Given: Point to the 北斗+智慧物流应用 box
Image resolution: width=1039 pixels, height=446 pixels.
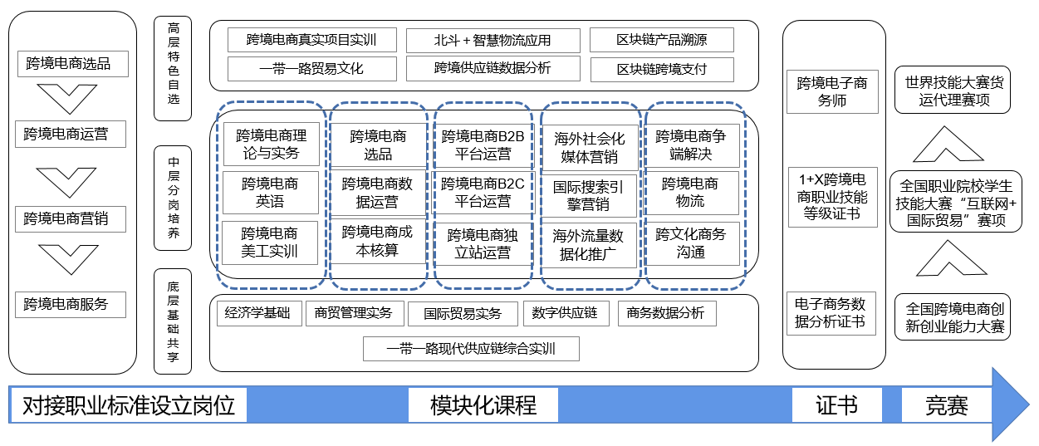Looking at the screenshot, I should [x=493, y=40].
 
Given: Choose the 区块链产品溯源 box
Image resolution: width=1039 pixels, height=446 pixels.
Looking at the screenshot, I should [x=662, y=40].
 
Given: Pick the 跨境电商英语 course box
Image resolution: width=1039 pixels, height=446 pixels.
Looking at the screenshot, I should [x=271, y=193].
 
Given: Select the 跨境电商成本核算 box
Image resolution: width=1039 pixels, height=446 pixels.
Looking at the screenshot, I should [x=378, y=241].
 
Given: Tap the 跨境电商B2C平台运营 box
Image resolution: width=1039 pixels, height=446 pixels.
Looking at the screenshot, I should [x=483, y=193].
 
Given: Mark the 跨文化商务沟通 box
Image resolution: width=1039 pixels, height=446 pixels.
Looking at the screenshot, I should [x=691, y=243].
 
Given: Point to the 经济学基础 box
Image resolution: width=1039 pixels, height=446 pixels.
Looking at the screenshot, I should [x=258, y=314].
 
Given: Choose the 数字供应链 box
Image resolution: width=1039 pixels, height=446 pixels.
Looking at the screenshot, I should [x=565, y=314].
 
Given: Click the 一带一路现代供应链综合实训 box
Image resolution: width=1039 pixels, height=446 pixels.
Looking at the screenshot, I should [x=471, y=349].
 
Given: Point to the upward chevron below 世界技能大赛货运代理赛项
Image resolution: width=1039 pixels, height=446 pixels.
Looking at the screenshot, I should [x=953, y=145].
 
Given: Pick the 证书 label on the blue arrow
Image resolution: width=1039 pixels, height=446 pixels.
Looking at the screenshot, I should [x=836, y=406].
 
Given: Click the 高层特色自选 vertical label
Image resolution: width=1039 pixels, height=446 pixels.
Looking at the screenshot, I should [x=174, y=70].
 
